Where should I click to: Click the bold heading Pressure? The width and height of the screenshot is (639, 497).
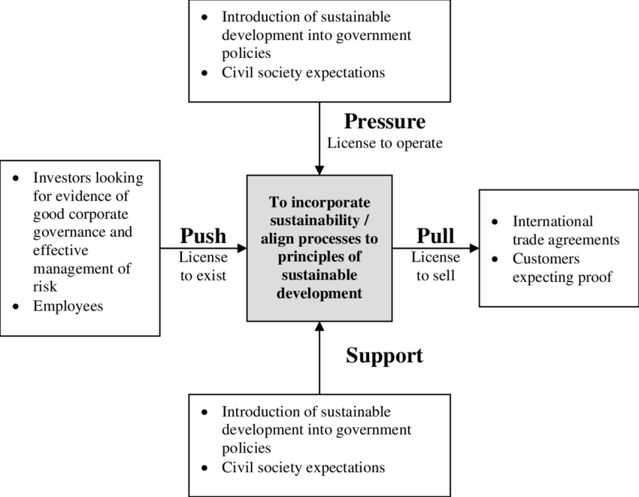pyautogui.click(x=384, y=122)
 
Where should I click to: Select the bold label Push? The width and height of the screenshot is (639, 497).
pyautogui.click(x=203, y=236)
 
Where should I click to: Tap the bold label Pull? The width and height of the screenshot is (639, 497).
pyautogui.click(x=435, y=236)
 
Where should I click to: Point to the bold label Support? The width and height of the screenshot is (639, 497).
pyautogui.click(x=384, y=356)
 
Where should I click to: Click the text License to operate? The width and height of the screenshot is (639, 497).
pyautogui.click(x=384, y=143)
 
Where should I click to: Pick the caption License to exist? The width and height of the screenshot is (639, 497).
pyautogui.click(x=203, y=266)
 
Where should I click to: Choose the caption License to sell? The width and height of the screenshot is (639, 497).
pyautogui.click(x=435, y=266)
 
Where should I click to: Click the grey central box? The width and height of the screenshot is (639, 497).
pyautogui.click(x=319, y=248)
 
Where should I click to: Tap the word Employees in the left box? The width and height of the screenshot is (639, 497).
pyautogui.click(x=68, y=306)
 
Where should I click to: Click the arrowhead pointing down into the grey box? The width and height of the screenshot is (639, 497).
pyautogui.click(x=319, y=169)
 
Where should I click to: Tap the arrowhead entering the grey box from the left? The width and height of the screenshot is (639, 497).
pyautogui.click(x=241, y=247)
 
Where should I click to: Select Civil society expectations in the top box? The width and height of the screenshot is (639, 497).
pyautogui.click(x=303, y=73)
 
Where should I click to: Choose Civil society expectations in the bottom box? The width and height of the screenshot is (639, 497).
pyautogui.click(x=303, y=468)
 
